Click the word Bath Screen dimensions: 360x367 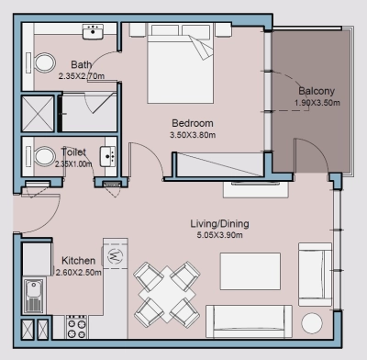coord(82,64)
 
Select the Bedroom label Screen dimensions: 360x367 coord(193,123)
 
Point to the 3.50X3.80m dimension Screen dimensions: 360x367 coord(193,136)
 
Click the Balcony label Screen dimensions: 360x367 coord(315,90)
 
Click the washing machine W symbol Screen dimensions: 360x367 coord(115,255)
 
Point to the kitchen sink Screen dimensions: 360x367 coord(36,295)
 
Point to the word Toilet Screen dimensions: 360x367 coord(73,152)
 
